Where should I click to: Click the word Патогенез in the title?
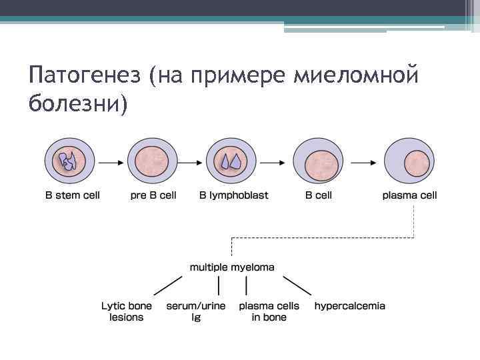[85, 76]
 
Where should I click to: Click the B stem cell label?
[72, 195]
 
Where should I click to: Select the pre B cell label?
[154, 195]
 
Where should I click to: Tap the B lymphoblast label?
[234, 195]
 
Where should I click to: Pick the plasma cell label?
[410, 195]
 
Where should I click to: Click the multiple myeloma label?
[232, 267]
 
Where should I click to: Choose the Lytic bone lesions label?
[127, 311]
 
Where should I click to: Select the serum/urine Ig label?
[196, 311]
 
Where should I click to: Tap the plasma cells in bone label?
[269, 311]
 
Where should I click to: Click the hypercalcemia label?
[350, 306]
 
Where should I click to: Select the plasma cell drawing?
[409, 161]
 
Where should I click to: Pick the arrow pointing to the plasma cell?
[363, 161]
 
